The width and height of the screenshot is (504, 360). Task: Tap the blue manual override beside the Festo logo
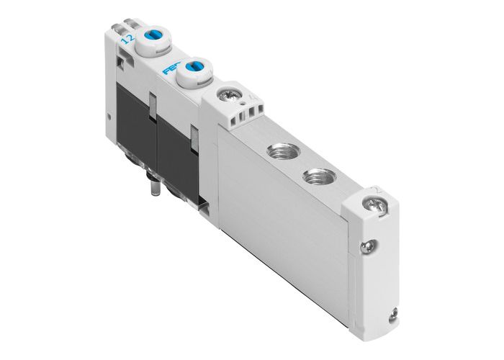[x=194, y=71]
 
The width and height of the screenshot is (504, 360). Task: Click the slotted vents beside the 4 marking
[x=248, y=114]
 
